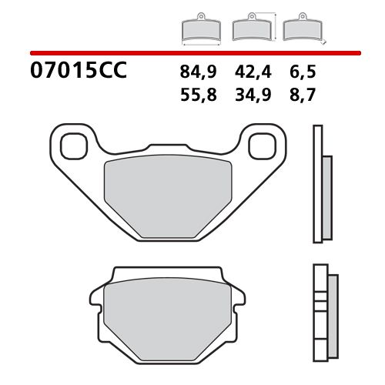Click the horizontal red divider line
click(x=192, y=52)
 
